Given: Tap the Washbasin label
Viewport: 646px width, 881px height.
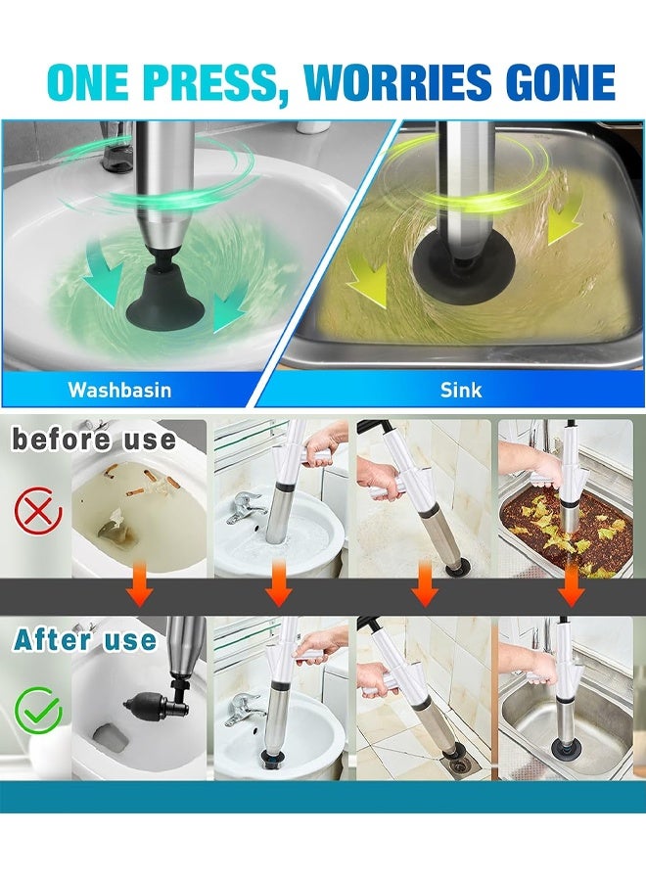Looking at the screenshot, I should tap(119, 390).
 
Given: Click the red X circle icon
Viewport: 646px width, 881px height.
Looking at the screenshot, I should tap(38, 509).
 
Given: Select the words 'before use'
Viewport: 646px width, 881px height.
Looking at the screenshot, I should tap(93, 440).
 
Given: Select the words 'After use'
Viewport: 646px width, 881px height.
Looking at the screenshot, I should tap(85, 640).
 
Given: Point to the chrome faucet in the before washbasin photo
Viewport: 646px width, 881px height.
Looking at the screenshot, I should tap(245, 508).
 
